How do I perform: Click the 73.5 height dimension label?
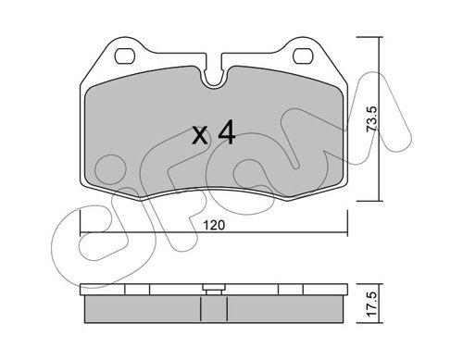pyautogui.click(x=372, y=119)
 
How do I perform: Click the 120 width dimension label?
pyautogui.click(x=214, y=225)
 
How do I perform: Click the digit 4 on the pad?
pyautogui.click(x=227, y=133)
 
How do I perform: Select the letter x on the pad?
pyautogui.click(x=200, y=136)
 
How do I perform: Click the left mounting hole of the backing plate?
pyautogui.click(x=125, y=56)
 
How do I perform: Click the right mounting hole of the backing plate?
pyautogui.click(x=303, y=56)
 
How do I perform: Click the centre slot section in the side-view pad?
pyautogui.click(x=214, y=309)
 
